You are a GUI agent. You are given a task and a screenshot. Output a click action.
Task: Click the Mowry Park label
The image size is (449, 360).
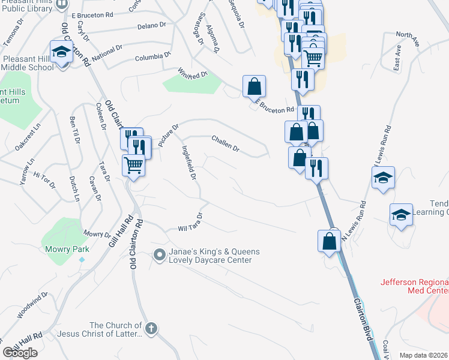click(x=67, y=249)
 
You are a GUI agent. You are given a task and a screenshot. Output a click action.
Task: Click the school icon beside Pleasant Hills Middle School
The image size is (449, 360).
click(x=61, y=52)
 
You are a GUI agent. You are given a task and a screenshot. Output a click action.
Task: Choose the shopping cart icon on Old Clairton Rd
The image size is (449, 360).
click(x=133, y=164)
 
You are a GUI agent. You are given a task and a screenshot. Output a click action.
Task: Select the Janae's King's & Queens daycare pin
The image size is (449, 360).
click(x=159, y=256)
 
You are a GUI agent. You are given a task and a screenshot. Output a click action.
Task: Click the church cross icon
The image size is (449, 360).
click(x=151, y=328)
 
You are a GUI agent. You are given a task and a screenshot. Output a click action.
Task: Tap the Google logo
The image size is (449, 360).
click(x=20, y=353)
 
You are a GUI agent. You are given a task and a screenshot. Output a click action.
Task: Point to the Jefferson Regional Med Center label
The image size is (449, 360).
click(x=414, y=286)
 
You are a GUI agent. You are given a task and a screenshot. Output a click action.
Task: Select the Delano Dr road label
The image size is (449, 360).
click(x=151, y=26)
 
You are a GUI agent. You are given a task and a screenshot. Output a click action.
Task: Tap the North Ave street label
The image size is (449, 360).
click(x=406, y=36)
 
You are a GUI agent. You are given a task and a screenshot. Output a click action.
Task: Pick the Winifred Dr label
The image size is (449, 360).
click(x=192, y=74)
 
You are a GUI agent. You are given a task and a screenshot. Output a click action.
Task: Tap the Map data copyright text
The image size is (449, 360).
click(x=423, y=355)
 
